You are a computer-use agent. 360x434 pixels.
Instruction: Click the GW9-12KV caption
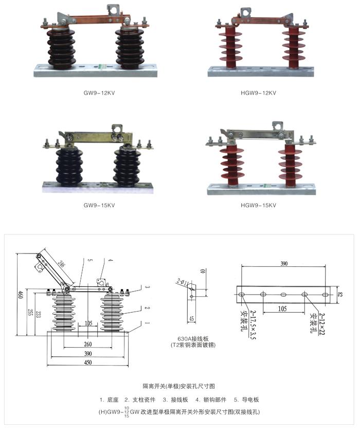(x=99, y=93)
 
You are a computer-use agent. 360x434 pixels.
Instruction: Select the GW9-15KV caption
(x=99, y=205)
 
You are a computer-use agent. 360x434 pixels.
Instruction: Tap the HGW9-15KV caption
(x=258, y=205)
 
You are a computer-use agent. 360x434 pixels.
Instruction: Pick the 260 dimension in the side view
(x=88, y=345)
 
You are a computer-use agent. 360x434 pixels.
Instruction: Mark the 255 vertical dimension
(x=30, y=312)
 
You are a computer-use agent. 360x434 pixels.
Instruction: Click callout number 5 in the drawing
(x=89, y=261)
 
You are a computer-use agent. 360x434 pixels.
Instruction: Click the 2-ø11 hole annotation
(x=183, y=282)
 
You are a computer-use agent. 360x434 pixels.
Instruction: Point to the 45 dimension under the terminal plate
(x=191, y=319)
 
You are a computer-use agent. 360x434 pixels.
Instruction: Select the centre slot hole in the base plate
(x=283, y=295)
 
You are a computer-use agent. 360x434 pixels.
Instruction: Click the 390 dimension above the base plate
(x=283, y=263)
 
